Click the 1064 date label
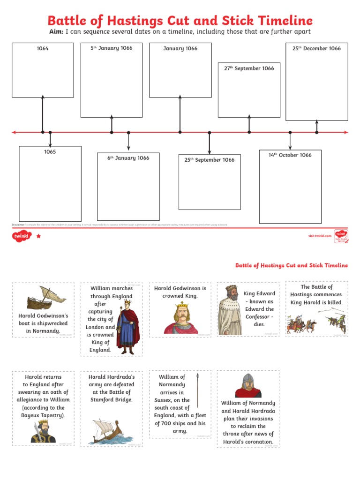[x=43, y=48]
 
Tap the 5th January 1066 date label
[x=112, y=48]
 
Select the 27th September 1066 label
[x=249, y=68]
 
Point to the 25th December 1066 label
[x=316, y=48]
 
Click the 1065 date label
[x=50, y=152]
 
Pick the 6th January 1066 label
[x=128, y=158]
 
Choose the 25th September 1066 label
[x=209, y=160]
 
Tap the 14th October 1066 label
[x=290, y=155]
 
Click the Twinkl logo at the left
[x=22, y=237]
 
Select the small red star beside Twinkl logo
[x=38, y=237]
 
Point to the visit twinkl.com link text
[x=320, y=236]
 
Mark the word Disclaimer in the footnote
[x=18, y=225]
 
